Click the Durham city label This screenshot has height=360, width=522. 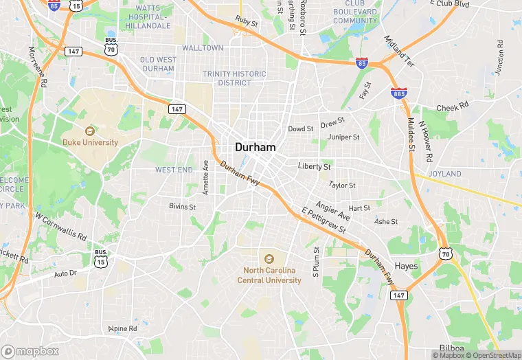tap(255, 147)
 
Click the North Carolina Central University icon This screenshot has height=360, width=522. tap(269, 259)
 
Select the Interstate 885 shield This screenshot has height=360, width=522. tap(398, 93)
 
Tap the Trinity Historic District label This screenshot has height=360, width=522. tap(234, 78)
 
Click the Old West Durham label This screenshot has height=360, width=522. tap(158, 65)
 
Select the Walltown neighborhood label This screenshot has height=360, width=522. tap(203, 48)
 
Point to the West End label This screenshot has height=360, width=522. tap(174, 170)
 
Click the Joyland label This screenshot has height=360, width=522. tap(445, 174)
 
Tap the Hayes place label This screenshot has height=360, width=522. tap(407, 266)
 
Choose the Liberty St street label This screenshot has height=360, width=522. tap(315, 166)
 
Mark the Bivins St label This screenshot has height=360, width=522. tap(183, 206)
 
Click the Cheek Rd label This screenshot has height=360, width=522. tap(452, 107)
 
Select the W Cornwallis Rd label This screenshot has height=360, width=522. tap(61, 225)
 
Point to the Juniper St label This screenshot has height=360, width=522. tap(344, 137)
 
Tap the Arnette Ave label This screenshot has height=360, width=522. tap(205, 177)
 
